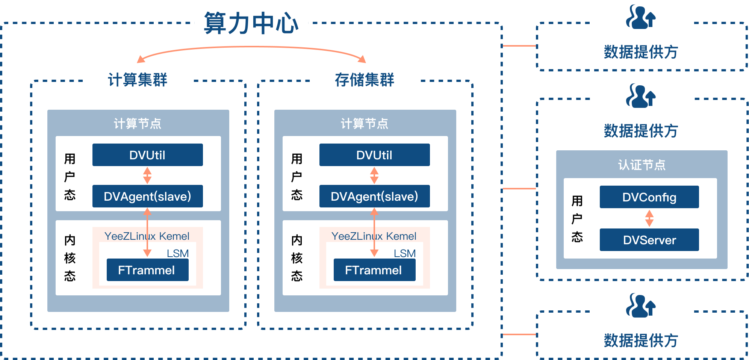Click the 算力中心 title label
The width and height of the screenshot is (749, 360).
251,23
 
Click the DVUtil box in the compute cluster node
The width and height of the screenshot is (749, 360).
147,155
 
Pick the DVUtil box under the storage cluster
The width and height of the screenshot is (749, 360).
374,155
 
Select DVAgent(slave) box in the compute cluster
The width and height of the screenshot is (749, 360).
147,196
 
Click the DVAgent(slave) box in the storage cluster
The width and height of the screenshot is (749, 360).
374,196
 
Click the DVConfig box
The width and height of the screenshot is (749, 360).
649,197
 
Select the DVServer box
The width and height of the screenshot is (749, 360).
649,240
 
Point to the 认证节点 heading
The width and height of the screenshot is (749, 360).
642,165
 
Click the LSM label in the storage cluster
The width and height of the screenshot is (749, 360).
404,253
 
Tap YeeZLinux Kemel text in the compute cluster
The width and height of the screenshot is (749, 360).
147,236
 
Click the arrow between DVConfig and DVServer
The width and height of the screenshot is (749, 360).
649,218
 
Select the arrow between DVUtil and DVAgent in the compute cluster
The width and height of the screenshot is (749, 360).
147,175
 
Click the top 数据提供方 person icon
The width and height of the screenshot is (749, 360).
640,18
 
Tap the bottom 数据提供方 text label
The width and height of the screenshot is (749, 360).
641,340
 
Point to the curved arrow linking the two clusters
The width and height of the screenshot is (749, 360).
251,47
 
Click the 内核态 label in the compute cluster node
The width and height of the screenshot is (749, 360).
70,258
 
